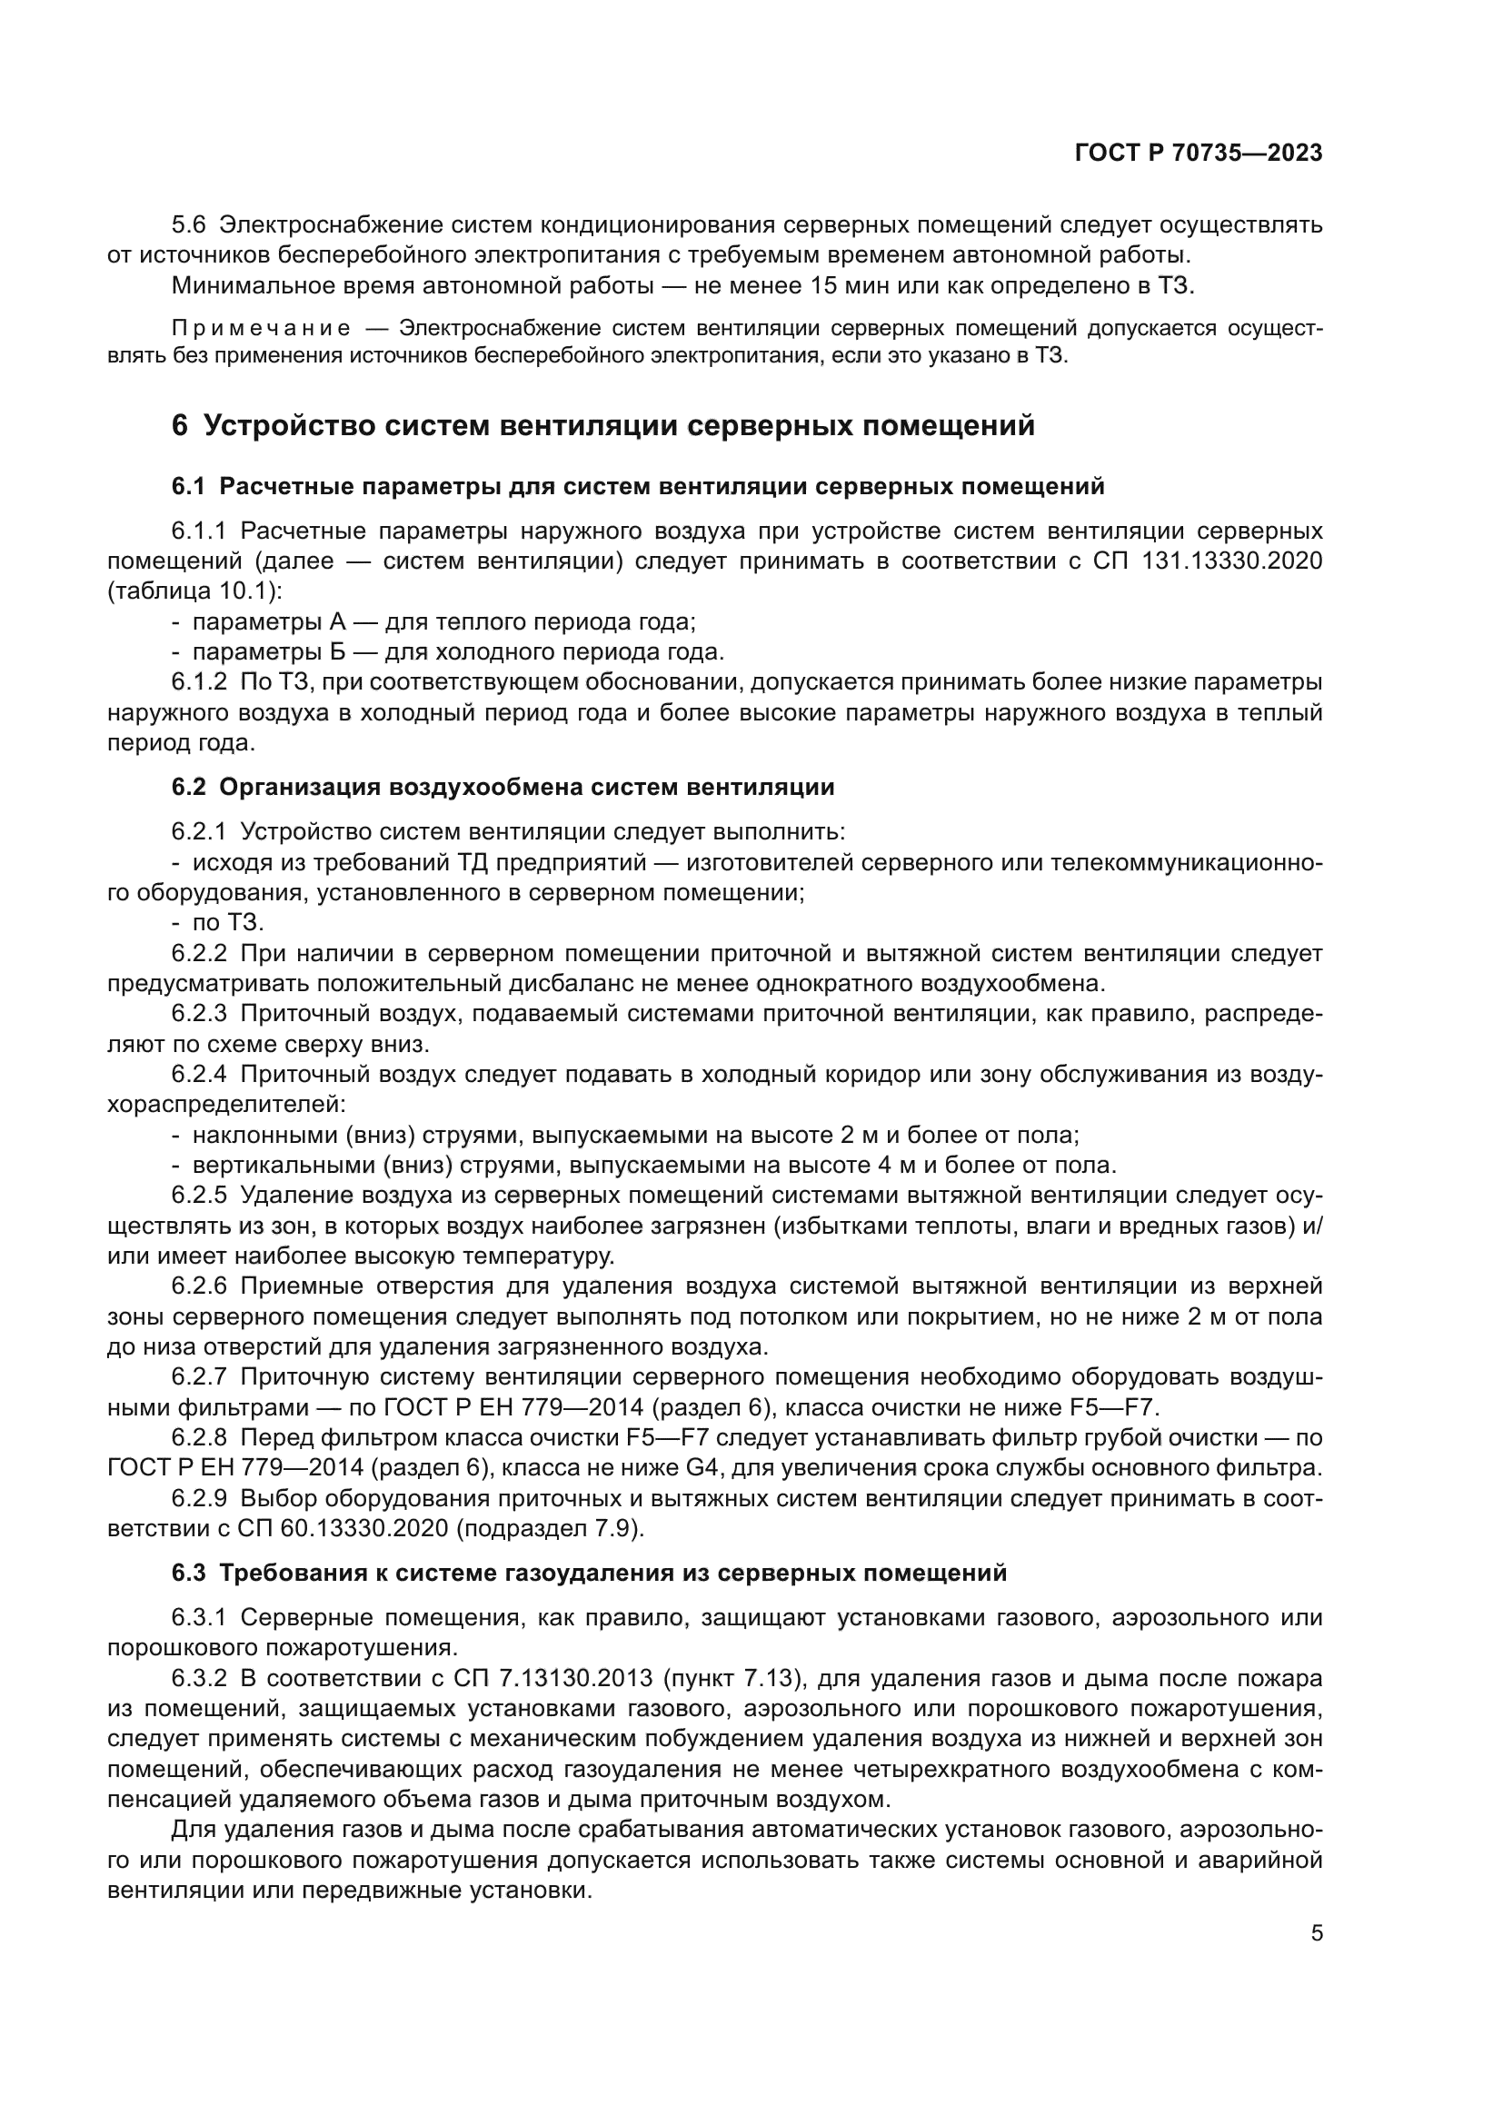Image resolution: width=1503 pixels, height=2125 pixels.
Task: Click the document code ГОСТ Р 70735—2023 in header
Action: point(1198,154)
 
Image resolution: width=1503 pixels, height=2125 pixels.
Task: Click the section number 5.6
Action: point(190,225)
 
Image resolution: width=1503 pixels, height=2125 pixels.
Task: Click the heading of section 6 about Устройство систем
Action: point(602,426)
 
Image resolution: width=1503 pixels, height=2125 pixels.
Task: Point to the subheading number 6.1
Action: point(190,486)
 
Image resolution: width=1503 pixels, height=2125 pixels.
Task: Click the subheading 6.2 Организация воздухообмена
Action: point(503,787)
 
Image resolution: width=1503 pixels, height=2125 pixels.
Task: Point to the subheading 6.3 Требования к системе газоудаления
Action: point(589,1573)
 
